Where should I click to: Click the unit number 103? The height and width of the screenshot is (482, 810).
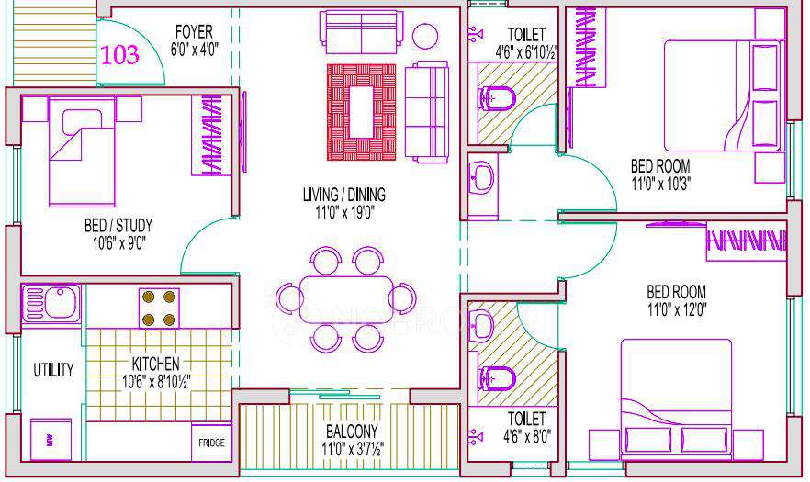120,54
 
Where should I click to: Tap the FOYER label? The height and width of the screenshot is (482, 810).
195,32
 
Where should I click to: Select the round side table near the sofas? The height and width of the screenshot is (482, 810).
425,35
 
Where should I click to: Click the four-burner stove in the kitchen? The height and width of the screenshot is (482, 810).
158,308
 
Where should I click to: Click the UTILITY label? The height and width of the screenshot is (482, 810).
53,370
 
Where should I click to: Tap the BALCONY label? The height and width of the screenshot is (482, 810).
352,431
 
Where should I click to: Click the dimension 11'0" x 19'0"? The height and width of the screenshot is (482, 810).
343,212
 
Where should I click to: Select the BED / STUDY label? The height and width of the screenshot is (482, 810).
118,225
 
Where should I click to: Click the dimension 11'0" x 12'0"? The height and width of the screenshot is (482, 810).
676,309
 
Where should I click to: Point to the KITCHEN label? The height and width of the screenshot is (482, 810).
154,364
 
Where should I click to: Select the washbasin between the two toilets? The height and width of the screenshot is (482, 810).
482,177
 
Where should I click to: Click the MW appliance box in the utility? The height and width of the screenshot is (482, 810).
44,438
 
